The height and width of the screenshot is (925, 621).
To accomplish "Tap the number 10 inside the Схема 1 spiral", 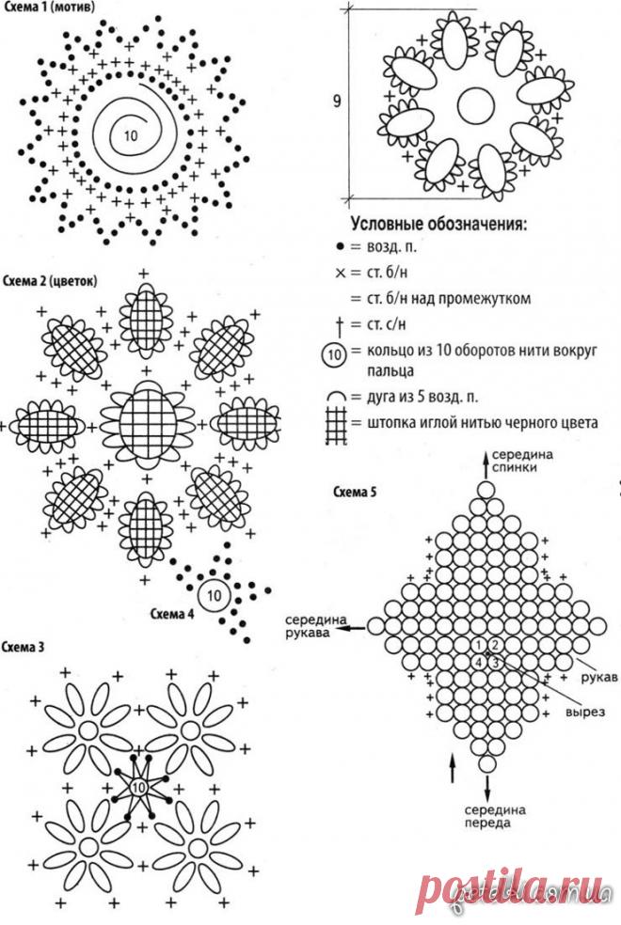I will tap(130, 134).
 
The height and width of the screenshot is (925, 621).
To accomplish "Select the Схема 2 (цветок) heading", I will tap(52, 279).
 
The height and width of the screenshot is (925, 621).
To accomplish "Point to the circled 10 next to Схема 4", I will tap(214, 594).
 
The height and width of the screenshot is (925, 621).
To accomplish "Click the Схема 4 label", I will tap(172, 615).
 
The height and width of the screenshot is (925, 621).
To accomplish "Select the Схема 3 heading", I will tap(24, 647).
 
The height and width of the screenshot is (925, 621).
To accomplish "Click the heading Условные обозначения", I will tap(438, 226).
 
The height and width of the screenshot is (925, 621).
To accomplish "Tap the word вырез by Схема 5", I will tap(585, 712).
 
